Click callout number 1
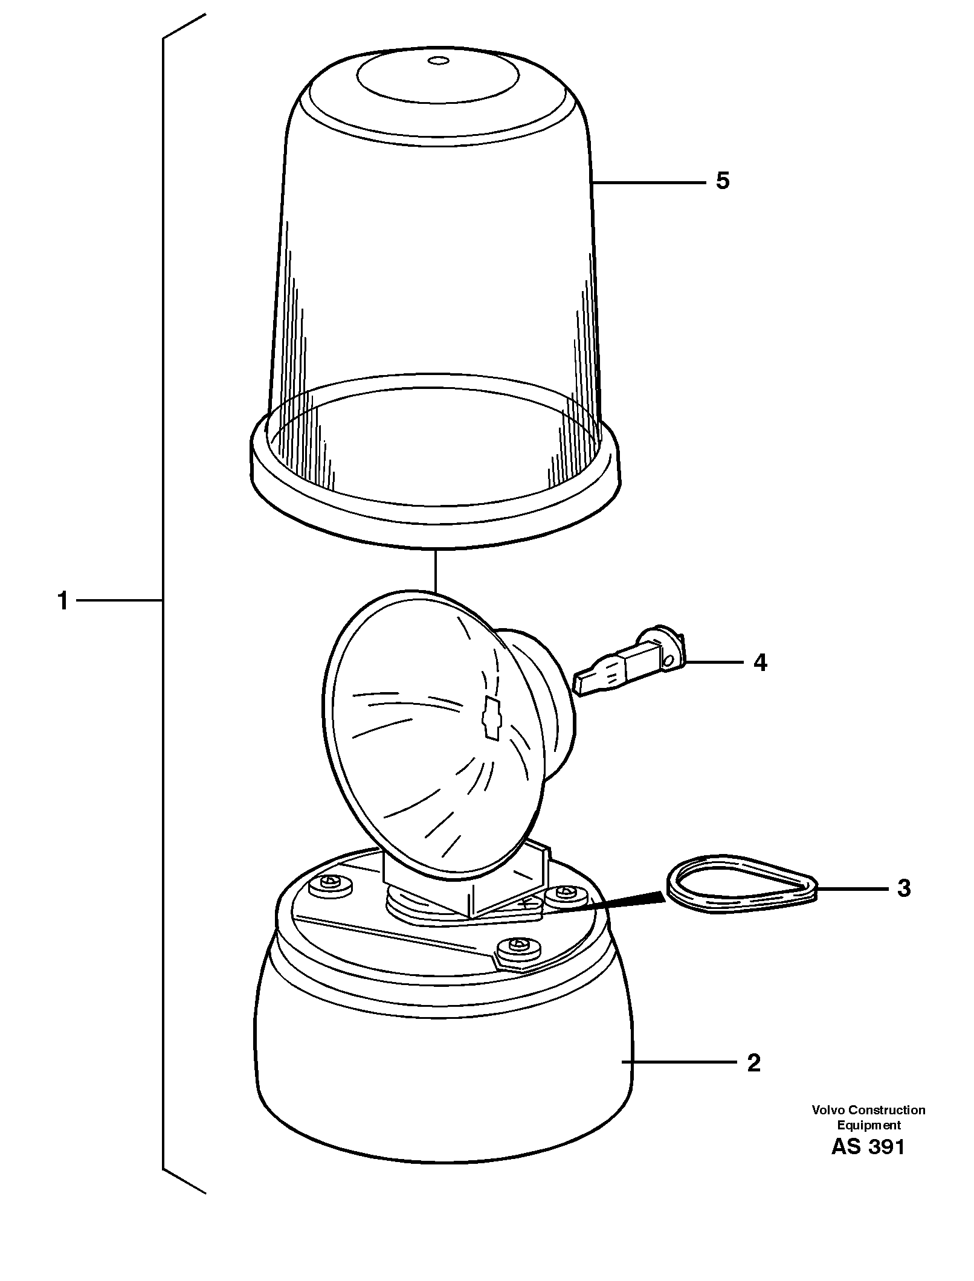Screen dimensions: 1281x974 63,601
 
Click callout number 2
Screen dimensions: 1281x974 753,1062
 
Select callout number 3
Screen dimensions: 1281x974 903,888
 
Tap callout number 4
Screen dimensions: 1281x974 760,662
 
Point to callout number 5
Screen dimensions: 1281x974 723,181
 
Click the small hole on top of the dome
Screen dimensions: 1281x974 437,60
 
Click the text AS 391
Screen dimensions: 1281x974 868,1146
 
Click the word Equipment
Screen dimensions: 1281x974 868,1125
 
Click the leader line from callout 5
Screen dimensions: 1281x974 650,181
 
